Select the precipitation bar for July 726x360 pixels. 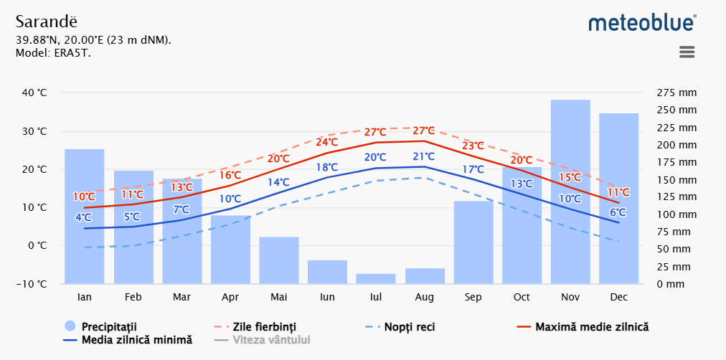click(x=376, y=279)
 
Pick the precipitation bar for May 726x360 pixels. click(x=279, y=260)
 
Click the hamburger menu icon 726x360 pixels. click(x=687, y=52)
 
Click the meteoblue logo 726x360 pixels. click(x=642, y=22)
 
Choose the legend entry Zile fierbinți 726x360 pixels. click(x=265, y=327)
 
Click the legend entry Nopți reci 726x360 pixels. click(x=409, y=327)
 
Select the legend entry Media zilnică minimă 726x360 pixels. click(x=137, y=340)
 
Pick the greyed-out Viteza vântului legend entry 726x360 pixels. click(x=271, y=340)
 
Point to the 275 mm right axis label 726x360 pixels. click(x=676, y=93)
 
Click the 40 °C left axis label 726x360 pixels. click(x=34, y=93)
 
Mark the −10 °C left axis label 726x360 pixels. click(x=32, y=284)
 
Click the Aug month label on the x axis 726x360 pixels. click(x=425, y=296)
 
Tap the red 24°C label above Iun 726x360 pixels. click(x=327, y=142)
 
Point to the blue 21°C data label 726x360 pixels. click(x=424, y=156)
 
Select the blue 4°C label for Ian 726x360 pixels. click(x=83, y=217)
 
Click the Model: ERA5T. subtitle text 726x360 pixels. click(x=53, y=52)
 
